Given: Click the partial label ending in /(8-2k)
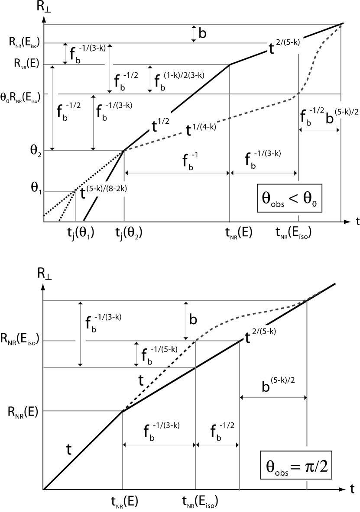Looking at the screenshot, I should [110, 190].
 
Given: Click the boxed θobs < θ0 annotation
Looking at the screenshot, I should [290, 198].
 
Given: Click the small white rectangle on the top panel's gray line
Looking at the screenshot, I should [109, 65].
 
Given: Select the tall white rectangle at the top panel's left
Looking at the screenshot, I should [53, 88].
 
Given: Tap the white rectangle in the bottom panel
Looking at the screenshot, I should [81, 341].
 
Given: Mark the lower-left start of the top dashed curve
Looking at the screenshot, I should [124, 151].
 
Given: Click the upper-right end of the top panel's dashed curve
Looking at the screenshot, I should [341, 25].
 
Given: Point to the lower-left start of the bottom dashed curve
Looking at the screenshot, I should [196, 340].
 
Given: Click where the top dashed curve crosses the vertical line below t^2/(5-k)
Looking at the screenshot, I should [298, 94].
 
